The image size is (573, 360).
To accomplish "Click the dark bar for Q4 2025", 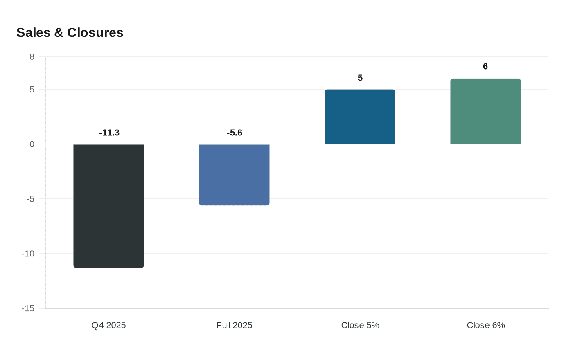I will pyautogui.click(x=108, y=206).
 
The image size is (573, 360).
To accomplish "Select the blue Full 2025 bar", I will pyautogui.click(x=234, y=175).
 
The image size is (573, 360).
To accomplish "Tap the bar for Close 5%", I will pyautogui.click(x=360, y=117).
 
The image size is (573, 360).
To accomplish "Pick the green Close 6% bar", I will pyautogui.click(x=485, y=111).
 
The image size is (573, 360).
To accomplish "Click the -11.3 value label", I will pyautogui.click(x=109, y=133).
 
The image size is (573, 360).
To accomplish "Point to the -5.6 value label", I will pyautogui.click(x=235, y=133).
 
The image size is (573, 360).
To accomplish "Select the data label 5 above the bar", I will pyautogui.click(x=360, y=78).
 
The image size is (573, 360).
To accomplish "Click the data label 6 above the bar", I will pyautogui.click(x=485, y=66).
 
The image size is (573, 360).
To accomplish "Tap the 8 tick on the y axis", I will pyautogui.click(x=32, y=57).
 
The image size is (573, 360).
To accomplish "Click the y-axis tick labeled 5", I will pyautogui.click(x=32, y=90).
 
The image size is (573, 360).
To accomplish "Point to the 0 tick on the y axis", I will pyautogui.click(x=32, y=144).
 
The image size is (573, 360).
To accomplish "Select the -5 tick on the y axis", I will pyautogui.click(x=30, y=199).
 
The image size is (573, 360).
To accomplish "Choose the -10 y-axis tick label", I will pyautogui.click(x=28, y=254).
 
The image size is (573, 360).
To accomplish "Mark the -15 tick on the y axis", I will pyautogui.click(x=28, y=308).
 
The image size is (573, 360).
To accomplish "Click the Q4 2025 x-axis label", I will pyautogui.click(x=108, y=325).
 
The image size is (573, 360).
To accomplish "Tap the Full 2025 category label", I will pyautogui.click(x=234, y=325).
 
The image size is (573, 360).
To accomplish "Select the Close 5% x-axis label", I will pyautogui.click(x=360, y=325).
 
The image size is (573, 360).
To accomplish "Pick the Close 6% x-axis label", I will pyautogui.click(x=486, y=325).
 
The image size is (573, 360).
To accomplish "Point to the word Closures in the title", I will pyautogui.click(x=95, y=32).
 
